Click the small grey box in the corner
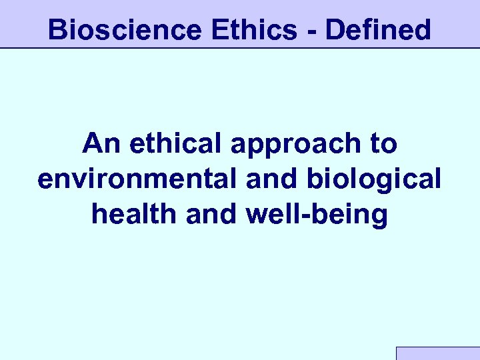tap(438, 353)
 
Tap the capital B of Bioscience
tap(57, 30)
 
